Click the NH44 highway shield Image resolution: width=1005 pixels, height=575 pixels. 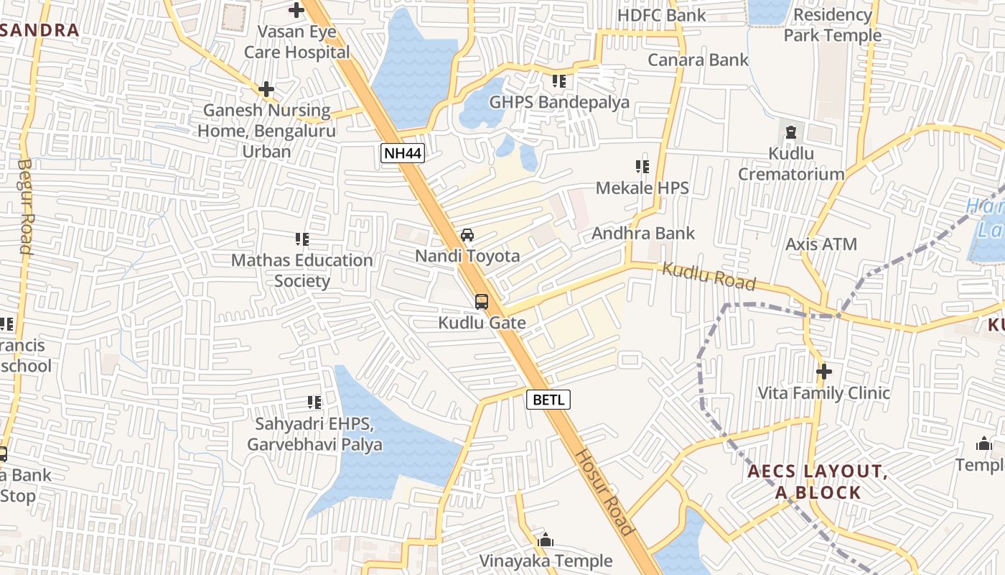click(x=402, y=153)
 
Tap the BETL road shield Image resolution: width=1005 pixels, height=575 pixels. click(x=548, y=400)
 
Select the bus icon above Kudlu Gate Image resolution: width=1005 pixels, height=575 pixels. click(x=482, y=302)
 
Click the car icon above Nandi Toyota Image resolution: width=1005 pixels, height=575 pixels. click(x=467, y=235)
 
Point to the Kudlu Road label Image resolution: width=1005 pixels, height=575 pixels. click(x=709, y=277)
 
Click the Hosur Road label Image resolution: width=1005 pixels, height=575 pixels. click(x=605, y=492)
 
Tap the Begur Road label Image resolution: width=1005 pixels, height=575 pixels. click(x=24, y=206)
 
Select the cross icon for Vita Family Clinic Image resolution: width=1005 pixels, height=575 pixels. click(x=824, y=372)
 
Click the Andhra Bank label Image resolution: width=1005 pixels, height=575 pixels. click(x=643, y=233)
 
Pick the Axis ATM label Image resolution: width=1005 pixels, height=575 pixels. click(x=821, y=244)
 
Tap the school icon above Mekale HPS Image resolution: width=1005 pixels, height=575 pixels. click(x=642, y=167)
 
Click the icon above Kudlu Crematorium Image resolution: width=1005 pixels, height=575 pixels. click(x=791, y=132)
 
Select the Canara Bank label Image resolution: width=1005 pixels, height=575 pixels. click(x=698, y=60)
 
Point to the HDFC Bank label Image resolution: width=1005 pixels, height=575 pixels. click(x=661, y=15)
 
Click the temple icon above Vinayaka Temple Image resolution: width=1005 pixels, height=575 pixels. click(x=546, y=540)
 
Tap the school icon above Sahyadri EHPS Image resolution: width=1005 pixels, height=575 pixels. click(x=314, y=402)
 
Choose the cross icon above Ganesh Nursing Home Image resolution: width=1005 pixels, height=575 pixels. click(x=266, y=89)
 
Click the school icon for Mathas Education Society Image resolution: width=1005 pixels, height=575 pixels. click(x=302, y=239)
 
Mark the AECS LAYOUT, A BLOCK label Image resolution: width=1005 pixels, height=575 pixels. click(x=818, y=482)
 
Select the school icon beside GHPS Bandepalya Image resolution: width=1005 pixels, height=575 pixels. click(x=559, y=81)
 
